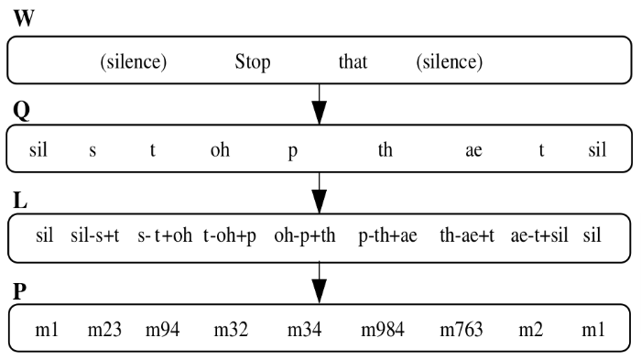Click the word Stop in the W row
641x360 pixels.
253,63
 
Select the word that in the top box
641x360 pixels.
353,63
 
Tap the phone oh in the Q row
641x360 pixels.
220,151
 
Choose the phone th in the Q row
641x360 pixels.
386,151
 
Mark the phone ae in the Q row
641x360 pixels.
473,151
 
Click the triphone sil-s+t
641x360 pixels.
95,235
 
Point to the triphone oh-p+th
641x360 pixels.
304,235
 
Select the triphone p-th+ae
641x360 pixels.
387,235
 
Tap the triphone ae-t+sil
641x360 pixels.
539,235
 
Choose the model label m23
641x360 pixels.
105,327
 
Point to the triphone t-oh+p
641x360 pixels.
231,235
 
